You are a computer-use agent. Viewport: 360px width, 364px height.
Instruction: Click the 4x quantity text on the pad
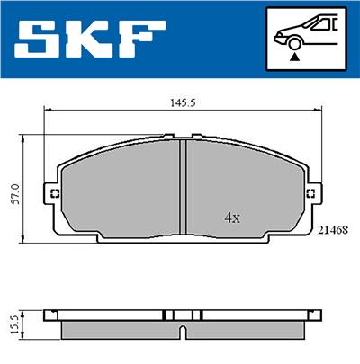232,218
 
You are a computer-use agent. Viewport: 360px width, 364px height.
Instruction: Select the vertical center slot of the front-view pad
183,190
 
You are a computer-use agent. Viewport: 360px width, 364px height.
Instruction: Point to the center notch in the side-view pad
183,333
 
